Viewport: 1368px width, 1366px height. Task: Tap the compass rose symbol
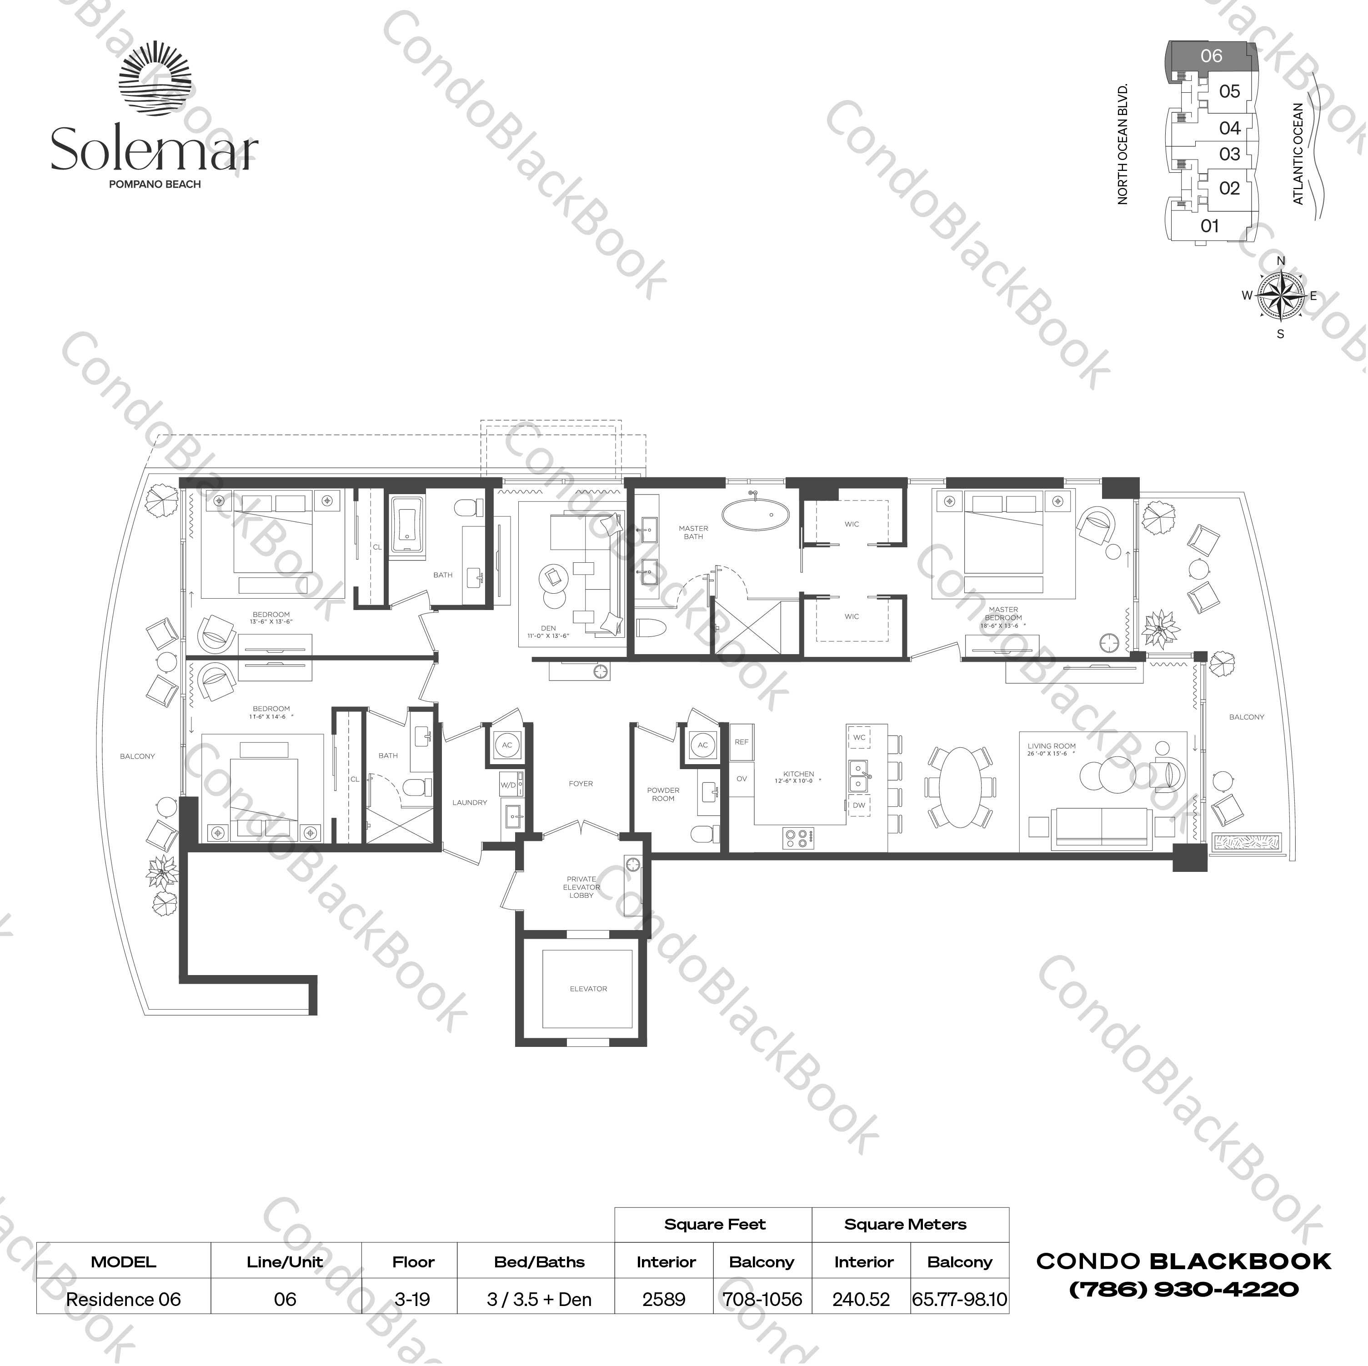click(x=1280, y=296)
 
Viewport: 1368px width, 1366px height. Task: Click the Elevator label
click(x=588, y=989)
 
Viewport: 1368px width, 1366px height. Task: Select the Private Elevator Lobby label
click(x=581, y=887)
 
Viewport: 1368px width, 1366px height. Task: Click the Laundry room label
click(x=470, y=802)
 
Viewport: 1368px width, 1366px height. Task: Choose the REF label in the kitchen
click(x=742, y=742)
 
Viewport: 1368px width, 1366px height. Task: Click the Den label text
click(x=548, y=628)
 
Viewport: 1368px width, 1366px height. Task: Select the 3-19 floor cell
click(x=413, y=1300)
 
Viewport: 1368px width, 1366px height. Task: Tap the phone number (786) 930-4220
click(x=1183, y=1289)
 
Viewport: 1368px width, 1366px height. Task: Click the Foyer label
click(x=581, y=784)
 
